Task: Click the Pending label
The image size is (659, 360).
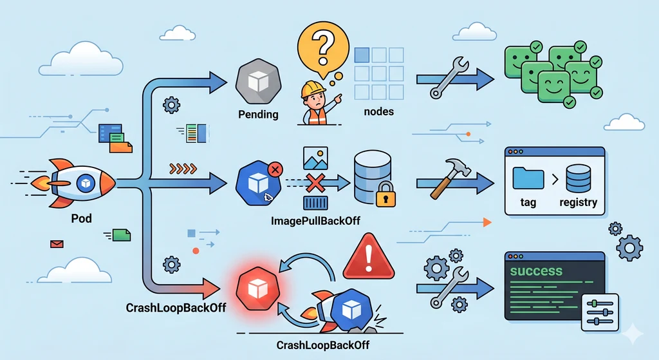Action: coord(258,115)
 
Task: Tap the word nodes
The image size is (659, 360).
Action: coord(378,111)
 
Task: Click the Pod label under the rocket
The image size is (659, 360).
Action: coord(81,218)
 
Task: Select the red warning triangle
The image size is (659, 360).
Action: coord(368,258)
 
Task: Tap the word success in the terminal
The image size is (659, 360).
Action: coord(535,270)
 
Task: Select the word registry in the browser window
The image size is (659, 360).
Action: coord(578,202)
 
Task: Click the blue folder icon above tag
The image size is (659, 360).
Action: coord(528,176)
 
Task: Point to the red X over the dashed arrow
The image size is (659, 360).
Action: coord(315,182)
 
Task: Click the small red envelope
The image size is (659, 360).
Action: coord(57,243)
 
